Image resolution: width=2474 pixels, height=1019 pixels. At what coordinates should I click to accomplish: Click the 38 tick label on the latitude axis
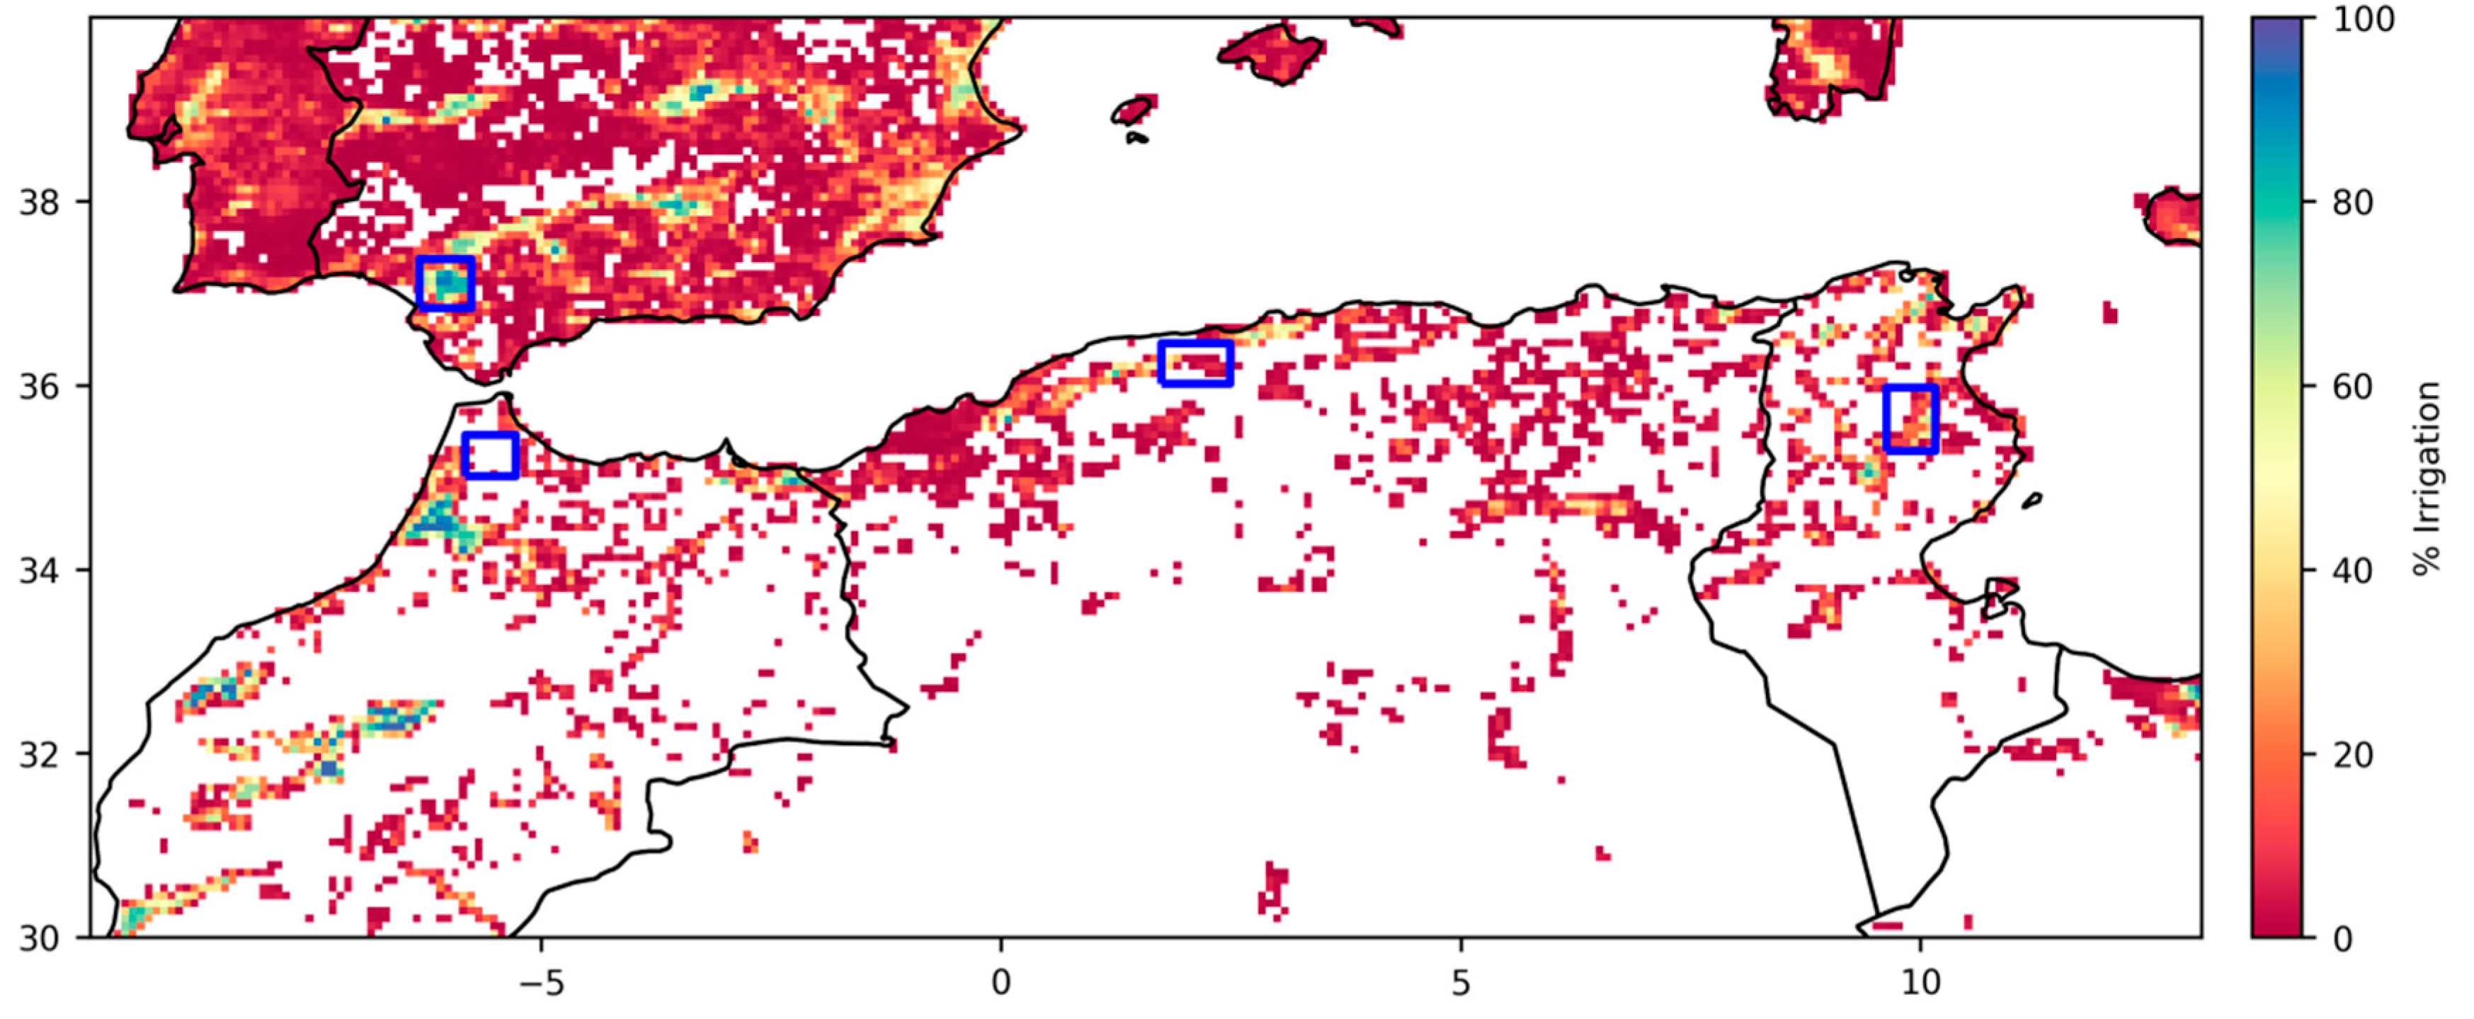[38, 203]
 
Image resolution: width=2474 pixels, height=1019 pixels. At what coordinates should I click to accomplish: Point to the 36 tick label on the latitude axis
[38, 387]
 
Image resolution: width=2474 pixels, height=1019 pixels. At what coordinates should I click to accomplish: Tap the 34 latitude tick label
[38, 571]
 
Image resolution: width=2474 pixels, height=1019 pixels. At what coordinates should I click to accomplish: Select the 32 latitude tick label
[38, 755]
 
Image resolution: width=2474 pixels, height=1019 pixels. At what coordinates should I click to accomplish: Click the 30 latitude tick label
[38, 938]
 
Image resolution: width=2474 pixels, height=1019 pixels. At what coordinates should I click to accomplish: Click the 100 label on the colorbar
[2364, 19]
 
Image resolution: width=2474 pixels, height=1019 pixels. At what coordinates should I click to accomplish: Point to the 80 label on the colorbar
[2352, 203]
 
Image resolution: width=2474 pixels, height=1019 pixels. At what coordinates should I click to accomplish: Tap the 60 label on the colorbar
[2352, 387]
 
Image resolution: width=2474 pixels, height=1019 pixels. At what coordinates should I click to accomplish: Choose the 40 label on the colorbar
[2352, 571]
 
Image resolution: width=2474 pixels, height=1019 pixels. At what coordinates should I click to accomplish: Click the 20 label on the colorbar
[2352, 755]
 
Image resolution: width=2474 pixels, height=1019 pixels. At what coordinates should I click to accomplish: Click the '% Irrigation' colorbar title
[2428, 478]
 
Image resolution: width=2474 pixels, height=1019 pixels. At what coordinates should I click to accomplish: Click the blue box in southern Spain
[445, 284]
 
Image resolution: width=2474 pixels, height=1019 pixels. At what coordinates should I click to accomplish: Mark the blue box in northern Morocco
[491, 455]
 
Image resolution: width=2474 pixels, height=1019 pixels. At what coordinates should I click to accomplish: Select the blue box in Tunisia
[1911, 419]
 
